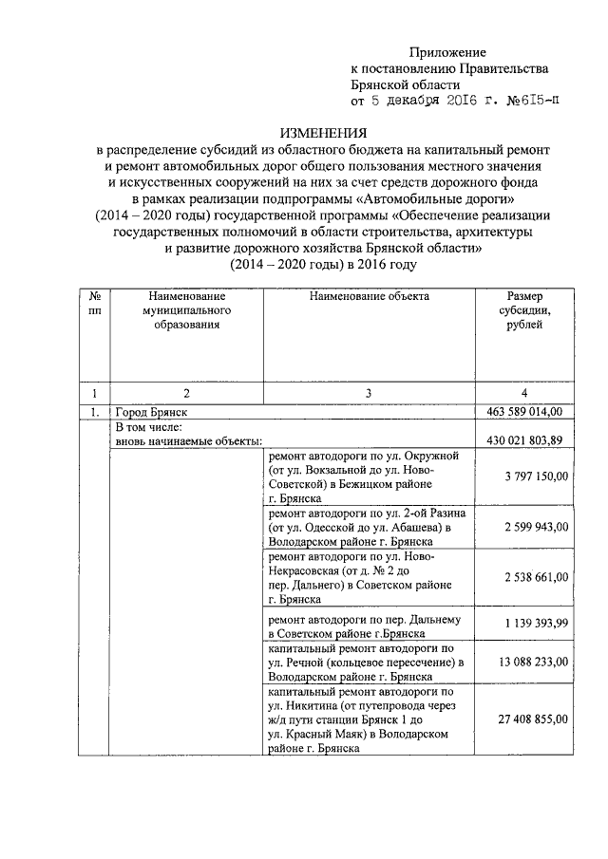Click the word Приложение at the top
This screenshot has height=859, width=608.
pyautogui.click(x=447, y=51)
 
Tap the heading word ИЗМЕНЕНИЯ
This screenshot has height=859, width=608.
pyautogui.click(x=325, y=134)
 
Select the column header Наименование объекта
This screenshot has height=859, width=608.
pyautogui.click(x=370, y=296)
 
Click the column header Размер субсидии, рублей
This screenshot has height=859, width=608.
pyautogui.click(x=525, y=309)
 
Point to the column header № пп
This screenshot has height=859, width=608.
pyautogui.click(x=94, y=303)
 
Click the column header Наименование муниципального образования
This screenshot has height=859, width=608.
pyautogui.click(x=186, y=310)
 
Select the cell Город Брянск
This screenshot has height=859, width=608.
pyautogui.click(x=150, y=412)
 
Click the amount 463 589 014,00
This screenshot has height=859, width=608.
pyautogui.click(x=524, y=412)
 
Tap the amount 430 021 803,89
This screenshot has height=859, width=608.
pyautogui.click(x=524, y=439)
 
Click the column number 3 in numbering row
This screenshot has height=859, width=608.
pyautogui.click(x=370, y=392)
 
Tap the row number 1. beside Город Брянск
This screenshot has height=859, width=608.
pyautogui.click(x=94, y=412)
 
